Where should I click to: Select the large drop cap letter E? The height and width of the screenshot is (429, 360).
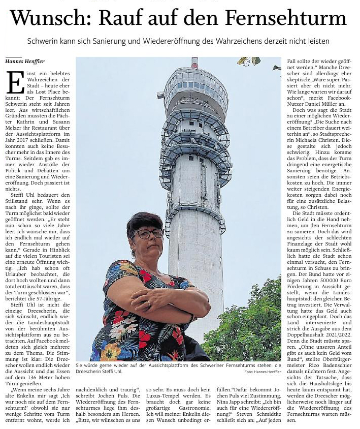(16, 83)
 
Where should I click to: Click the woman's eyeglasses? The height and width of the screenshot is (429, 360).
(148, 234)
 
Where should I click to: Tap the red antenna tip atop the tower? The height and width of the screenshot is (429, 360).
(195, 62)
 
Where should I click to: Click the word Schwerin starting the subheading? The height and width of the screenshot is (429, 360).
(42, 41)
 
